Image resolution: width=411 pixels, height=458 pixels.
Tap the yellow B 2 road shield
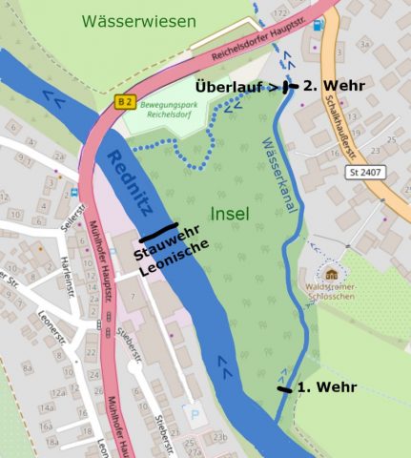click(124, 100)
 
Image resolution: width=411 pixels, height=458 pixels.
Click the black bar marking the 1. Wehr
click(285, 389)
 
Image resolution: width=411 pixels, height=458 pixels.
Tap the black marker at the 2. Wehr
click(290, 86)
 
